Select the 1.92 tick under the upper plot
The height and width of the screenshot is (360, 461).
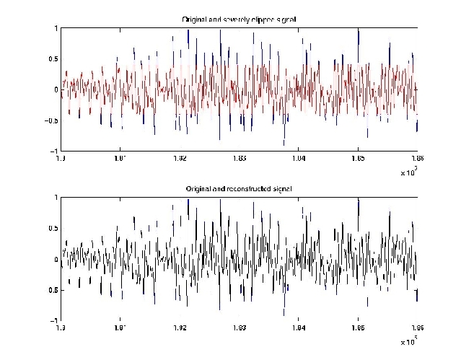pyautogui.click(x=180, y=159)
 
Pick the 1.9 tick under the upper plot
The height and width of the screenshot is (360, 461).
pyautogui.click(x=61, y=159)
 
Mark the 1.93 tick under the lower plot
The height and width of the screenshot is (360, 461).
pyautogui.click(x=240, y=328)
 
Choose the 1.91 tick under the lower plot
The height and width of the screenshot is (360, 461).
pyautogui.click(x=120, y=328)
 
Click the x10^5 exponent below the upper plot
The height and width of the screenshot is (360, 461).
pyautogui.click(x=410, y=172)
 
